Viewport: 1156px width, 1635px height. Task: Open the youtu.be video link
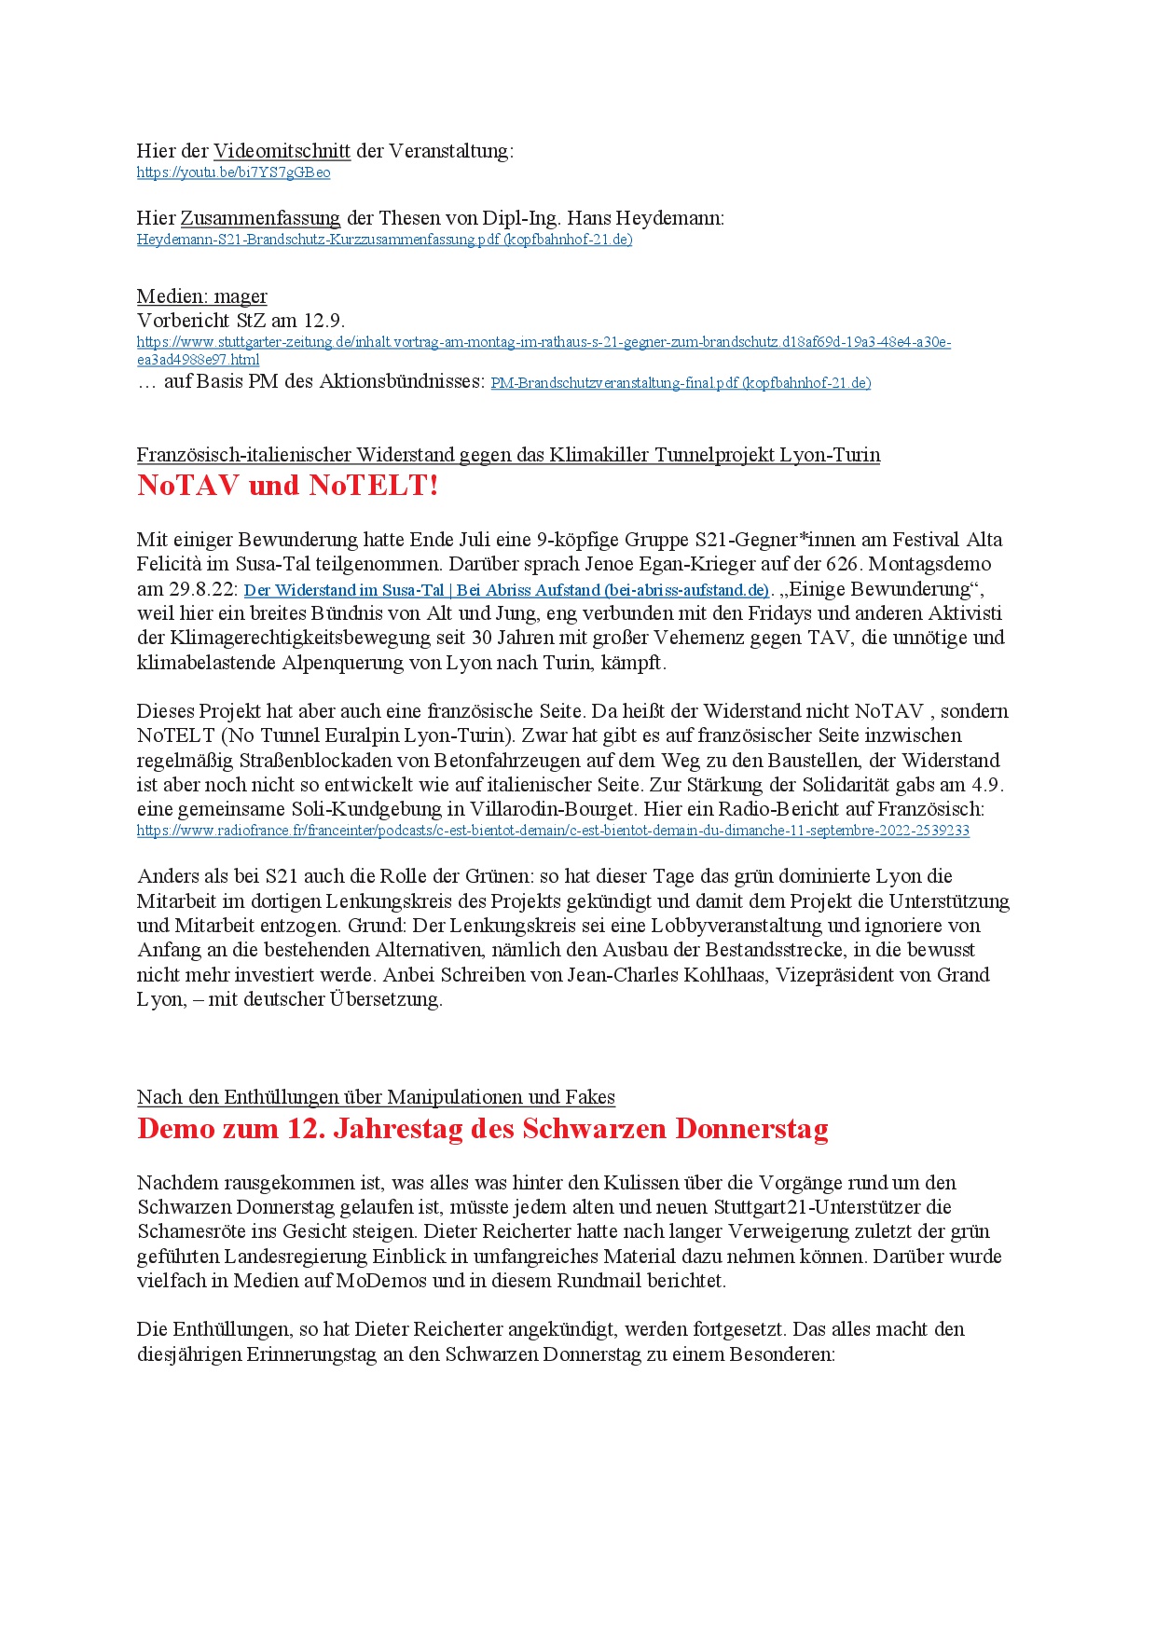tap(233, 172)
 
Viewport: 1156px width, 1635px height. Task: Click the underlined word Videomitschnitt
tap(282, 151)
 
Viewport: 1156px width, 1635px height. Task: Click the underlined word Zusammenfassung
tap(260, 218)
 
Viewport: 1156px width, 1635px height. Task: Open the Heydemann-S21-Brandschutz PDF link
tap(384, 240)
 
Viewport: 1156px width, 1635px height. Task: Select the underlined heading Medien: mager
tap(201, 296)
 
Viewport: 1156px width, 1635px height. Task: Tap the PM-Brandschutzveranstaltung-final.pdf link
tap(681, 383)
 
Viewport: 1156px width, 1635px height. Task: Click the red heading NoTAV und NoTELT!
tap(287, 485)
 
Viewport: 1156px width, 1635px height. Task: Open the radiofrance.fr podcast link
tap(553, 831)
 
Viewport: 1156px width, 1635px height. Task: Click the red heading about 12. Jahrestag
tap(482, 1129)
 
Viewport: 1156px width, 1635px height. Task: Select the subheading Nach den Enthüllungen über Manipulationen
tap(376, 1097)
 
